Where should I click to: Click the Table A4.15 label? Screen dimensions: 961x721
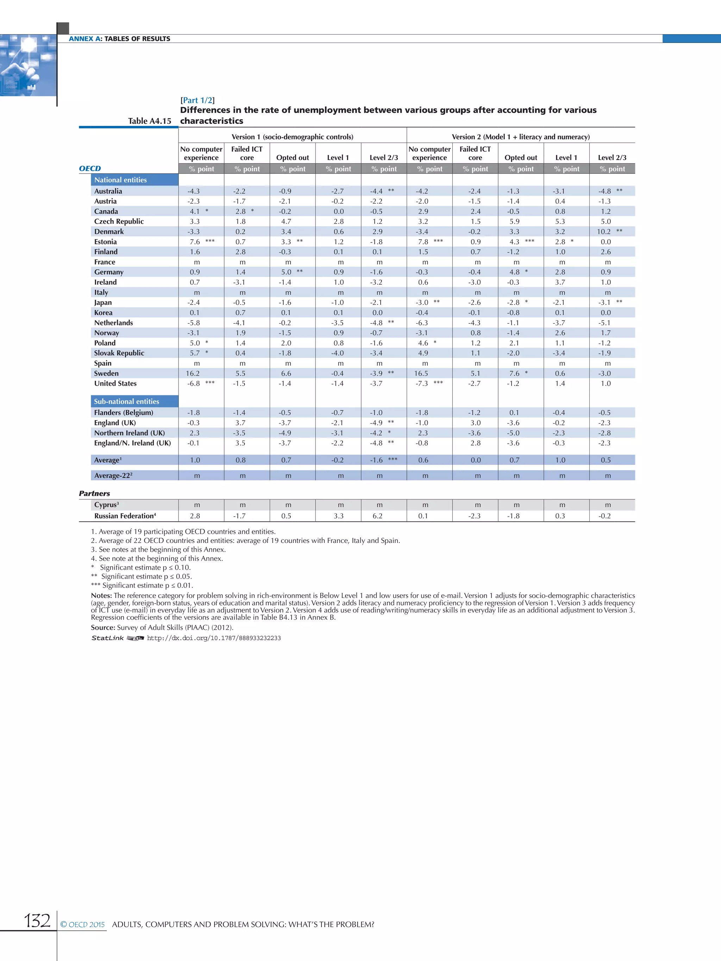coord(150,121)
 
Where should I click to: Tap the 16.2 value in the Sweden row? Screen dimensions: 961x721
coord(193,374)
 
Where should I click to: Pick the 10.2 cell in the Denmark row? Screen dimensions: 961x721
coord(604,232)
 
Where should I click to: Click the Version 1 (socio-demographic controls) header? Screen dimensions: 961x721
coord(292,137)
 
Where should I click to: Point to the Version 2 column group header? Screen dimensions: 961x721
coord(520,137)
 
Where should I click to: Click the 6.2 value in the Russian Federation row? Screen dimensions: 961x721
coord(377,516)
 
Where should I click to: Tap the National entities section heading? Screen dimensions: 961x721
coord(120,180)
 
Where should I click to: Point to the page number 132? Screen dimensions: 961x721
coord(37,921)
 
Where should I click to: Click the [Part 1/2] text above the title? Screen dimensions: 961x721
coord(197,100)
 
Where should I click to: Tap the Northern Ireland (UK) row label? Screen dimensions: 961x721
coord(129,433)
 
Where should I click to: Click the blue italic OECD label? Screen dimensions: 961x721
coord(89,169)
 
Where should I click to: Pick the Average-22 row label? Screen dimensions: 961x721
coord(113,476)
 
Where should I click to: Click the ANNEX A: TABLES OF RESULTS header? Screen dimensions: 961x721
coord(119,39)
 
